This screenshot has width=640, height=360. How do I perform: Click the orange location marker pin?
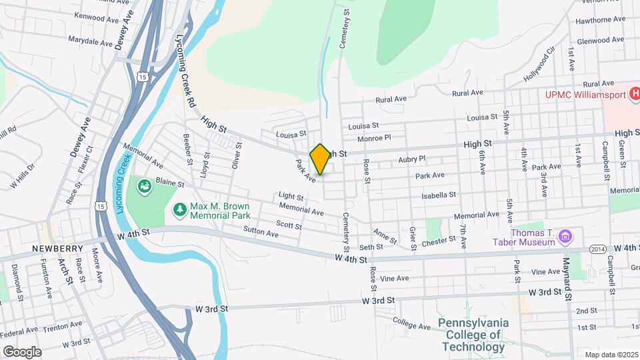[320, 159]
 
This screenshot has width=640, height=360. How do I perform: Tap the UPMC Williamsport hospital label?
[585, 94]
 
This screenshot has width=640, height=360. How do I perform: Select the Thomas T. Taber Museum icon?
[565, 236]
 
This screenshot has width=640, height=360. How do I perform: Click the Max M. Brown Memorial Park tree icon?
[179, 211]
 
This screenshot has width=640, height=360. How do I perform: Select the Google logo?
[21, 351]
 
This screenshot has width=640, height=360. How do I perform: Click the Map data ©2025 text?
[611, 355]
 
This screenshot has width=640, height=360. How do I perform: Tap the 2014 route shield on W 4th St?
[597, 249]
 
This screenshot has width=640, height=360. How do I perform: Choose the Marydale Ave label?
[91, 42]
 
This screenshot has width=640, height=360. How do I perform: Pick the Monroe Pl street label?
[373, 138]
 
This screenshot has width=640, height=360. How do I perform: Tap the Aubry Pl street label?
[411, 159]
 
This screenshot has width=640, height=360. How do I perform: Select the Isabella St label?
[439, 195]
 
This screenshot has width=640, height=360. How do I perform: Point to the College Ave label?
[413, 325]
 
